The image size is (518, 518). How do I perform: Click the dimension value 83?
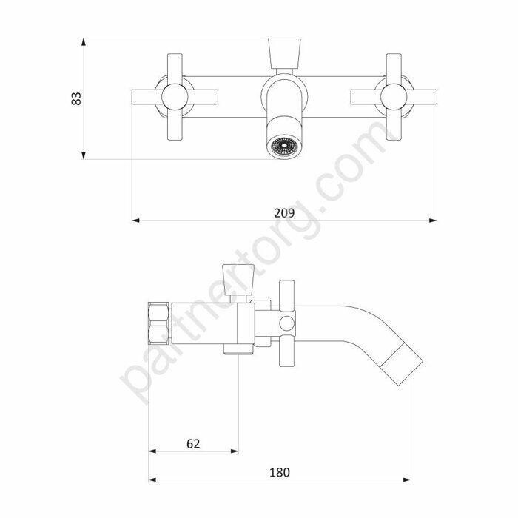(76, 98)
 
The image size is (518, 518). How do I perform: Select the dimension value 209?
(284, 213)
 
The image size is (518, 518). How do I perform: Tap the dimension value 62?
(193, 444)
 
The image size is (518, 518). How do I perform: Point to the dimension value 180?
(280, 472)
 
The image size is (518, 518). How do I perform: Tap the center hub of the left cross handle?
(175, 97)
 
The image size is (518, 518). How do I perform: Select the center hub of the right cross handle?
(394, 97)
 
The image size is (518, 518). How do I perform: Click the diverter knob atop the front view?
(284, 53)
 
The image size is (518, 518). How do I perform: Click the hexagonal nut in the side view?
(159, 324)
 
